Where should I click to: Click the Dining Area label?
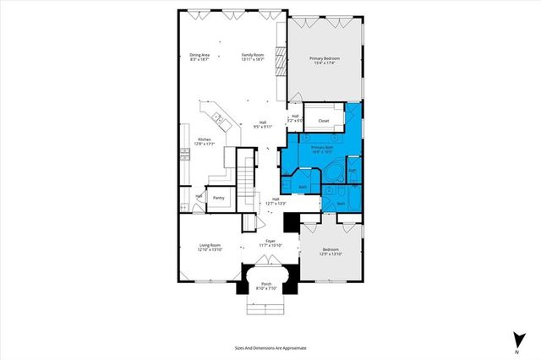point(199,55)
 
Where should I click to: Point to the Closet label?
point(323,122)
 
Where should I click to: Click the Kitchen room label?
point(205,139)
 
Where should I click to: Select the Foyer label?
point(270,241)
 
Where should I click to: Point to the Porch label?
point(267,285)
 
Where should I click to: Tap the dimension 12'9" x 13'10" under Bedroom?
point(331,254)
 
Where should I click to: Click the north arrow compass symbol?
point(516,340)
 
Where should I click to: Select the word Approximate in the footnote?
point(292,347)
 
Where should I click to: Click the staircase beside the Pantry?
point(246,181)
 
